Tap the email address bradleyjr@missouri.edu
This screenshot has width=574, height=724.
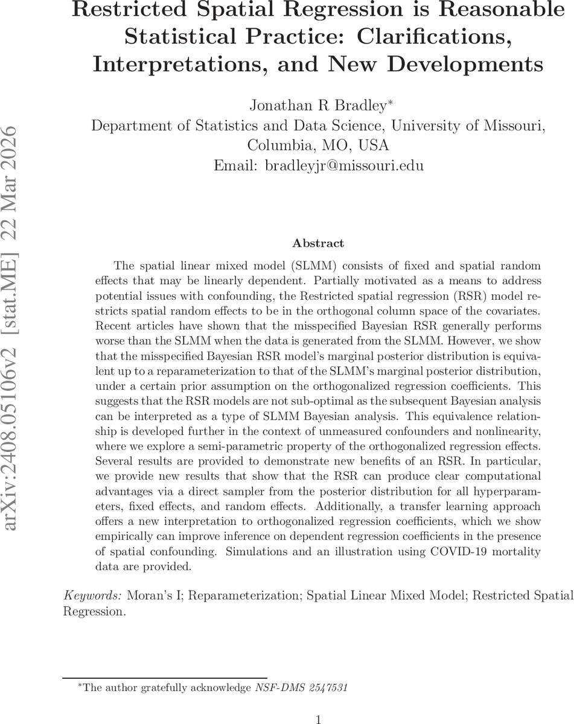click(345, 165)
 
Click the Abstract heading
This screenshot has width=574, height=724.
click(318, 243)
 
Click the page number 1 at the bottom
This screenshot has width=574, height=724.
click(318, 719)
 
